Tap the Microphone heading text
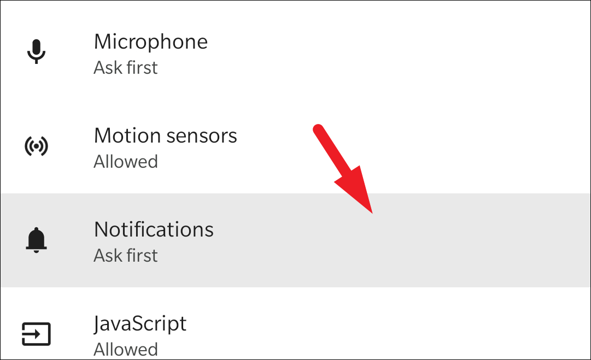pos(150,42)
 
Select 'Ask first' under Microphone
pos(125,68)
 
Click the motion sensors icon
pos(37,146)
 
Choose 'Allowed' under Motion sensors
pos(125,162)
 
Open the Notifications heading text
pos(154,229)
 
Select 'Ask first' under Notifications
pos(125,256)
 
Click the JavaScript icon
pos(37,333)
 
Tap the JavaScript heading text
pos(140,323)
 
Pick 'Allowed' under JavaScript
pos(125,349)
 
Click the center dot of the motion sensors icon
pos(37,146)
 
